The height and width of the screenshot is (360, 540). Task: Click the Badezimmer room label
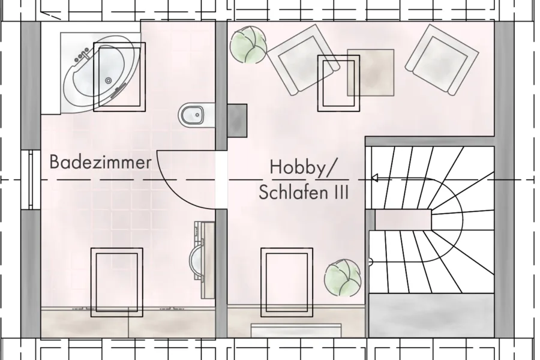click(x=101, y=162)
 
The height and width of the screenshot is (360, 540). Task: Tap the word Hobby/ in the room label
click(x=302, y=167)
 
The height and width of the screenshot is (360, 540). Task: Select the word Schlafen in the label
click(x=292, y=192)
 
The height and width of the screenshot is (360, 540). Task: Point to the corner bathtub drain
click(x=109, y=80)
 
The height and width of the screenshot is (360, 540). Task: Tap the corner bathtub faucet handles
click(x=82, y=55)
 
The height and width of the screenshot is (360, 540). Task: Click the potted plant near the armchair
click(x=248, y=45)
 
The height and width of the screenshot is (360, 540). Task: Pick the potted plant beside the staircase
click(x=343, y=277)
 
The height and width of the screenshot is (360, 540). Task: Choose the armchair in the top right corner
click(x=442, y=59)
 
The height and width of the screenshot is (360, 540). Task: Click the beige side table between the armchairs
click(x=371, y=73)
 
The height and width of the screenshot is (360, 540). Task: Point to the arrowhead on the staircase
click(x=374, y=178)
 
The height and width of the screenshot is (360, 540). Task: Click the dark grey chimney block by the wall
click(x=237, y=121)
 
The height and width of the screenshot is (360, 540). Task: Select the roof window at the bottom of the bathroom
click(x=117, y=283)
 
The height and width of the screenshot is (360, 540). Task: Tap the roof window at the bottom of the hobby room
click(x=287, y=283)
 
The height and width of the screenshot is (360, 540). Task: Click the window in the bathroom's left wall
click(x=31, y=179)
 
